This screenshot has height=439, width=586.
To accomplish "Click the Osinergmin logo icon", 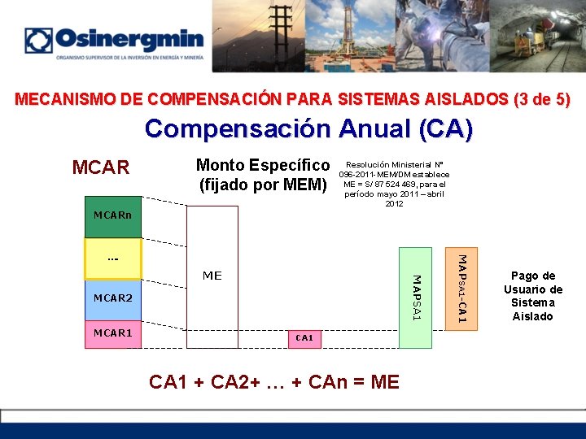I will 38,41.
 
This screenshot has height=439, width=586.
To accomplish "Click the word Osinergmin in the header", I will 129,40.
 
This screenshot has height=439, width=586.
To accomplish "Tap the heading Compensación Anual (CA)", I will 308,129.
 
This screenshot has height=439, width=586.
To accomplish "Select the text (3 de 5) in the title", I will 542,100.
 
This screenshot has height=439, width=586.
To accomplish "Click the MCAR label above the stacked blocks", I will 101,167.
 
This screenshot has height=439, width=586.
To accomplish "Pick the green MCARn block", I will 113,216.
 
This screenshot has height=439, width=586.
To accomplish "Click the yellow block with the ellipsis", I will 113,259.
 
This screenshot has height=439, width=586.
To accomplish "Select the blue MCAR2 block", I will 113,298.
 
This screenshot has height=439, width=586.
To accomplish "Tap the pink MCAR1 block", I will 113,333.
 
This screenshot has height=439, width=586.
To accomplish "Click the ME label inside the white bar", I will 212,276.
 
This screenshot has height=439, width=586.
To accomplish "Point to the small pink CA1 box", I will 304,337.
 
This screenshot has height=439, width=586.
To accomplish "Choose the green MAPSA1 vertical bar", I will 415,298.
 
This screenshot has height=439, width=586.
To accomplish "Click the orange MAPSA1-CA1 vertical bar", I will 461,289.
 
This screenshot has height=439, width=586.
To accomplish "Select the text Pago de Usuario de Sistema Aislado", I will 533,296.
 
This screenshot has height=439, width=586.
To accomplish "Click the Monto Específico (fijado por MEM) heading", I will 263,176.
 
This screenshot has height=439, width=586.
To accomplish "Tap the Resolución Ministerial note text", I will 394,184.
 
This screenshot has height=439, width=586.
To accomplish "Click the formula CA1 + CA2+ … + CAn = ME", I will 273,380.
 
